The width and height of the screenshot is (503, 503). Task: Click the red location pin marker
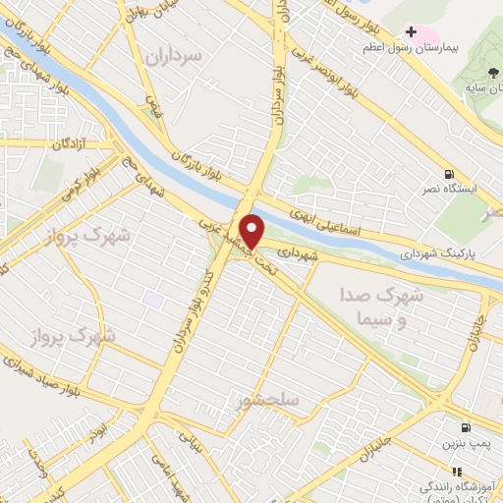click(252, 231)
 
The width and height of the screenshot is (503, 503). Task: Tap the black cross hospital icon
click(411, 32)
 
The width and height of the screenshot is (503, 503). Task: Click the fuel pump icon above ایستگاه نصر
click(449, 172)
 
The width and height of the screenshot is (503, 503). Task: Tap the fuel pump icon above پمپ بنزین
click(465, 428)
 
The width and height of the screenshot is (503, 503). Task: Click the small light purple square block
click(152, 297)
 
